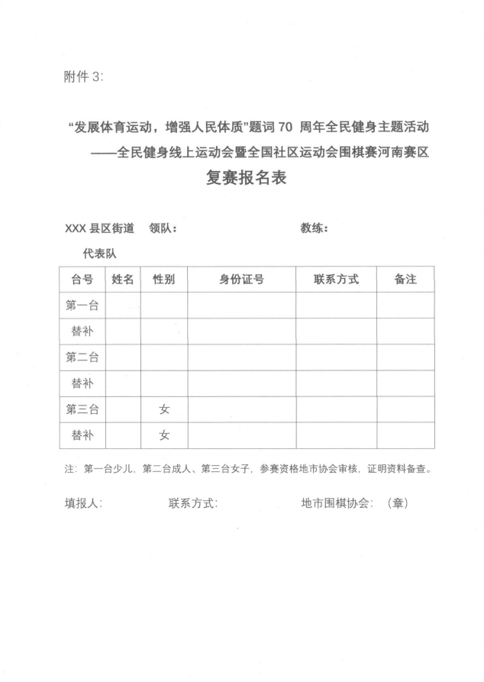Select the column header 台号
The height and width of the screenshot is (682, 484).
point(82,280)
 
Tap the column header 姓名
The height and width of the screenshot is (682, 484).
point(123,280)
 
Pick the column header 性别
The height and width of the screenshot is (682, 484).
point(164,280)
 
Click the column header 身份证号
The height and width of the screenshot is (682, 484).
point(242,280)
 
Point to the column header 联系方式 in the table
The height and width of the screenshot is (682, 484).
point(336,280)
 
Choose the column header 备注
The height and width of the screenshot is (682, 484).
point(405,280)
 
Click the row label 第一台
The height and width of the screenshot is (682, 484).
point(82,305)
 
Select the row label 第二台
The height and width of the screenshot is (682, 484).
point(82,357)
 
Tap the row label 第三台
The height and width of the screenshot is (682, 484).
point(82,409)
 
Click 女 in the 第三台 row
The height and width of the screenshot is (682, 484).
point(164,409)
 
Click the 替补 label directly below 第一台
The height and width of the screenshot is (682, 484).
point(82,331)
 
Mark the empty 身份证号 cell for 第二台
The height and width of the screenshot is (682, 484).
point(242,357)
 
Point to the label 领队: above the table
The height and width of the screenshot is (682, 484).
point(163,228)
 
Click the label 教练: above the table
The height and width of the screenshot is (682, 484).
point(315,228)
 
